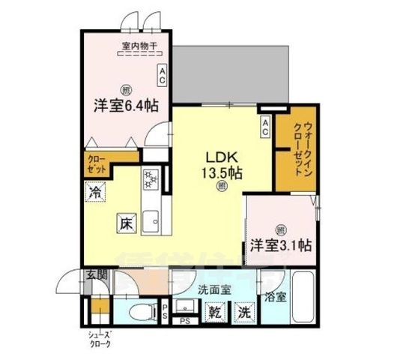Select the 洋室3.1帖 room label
(x=281, y=245)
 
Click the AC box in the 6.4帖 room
(x=162, y=73)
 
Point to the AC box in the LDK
(x=265, y=127)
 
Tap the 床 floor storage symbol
(x=125, y=223)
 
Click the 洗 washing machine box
(x=243, y=311)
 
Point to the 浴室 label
(x=274, y=296)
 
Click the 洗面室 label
(x=213, y=289)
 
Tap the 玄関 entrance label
(x=95, y=274)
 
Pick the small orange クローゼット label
(x=96, y=164)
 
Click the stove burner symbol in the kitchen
(x=149, y=179)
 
